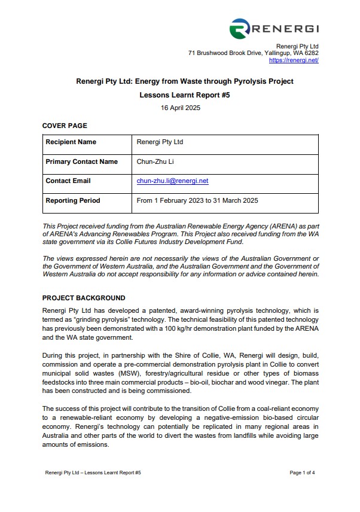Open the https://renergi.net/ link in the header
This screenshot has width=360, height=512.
(294, 60)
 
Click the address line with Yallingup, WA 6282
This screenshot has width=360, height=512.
(253, 53)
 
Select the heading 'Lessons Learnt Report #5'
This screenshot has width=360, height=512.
(180, 95)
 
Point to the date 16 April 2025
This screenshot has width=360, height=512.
(180, 108)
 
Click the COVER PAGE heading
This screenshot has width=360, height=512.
(65, 126)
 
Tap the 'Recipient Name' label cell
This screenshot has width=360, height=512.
(71, 142)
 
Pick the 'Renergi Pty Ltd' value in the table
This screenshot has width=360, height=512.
(160, 142)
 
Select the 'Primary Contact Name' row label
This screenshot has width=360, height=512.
(81, 161)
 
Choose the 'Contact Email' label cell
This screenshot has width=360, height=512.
(68, 181)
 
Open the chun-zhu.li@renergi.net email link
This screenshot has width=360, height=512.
(172, 181)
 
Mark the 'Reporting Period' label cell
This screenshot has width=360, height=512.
(72, 200)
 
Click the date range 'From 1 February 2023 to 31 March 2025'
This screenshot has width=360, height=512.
(197, 200)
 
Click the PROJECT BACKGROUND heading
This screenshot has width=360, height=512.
(83, 298)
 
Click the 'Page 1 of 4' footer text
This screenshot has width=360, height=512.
(302, 473)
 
